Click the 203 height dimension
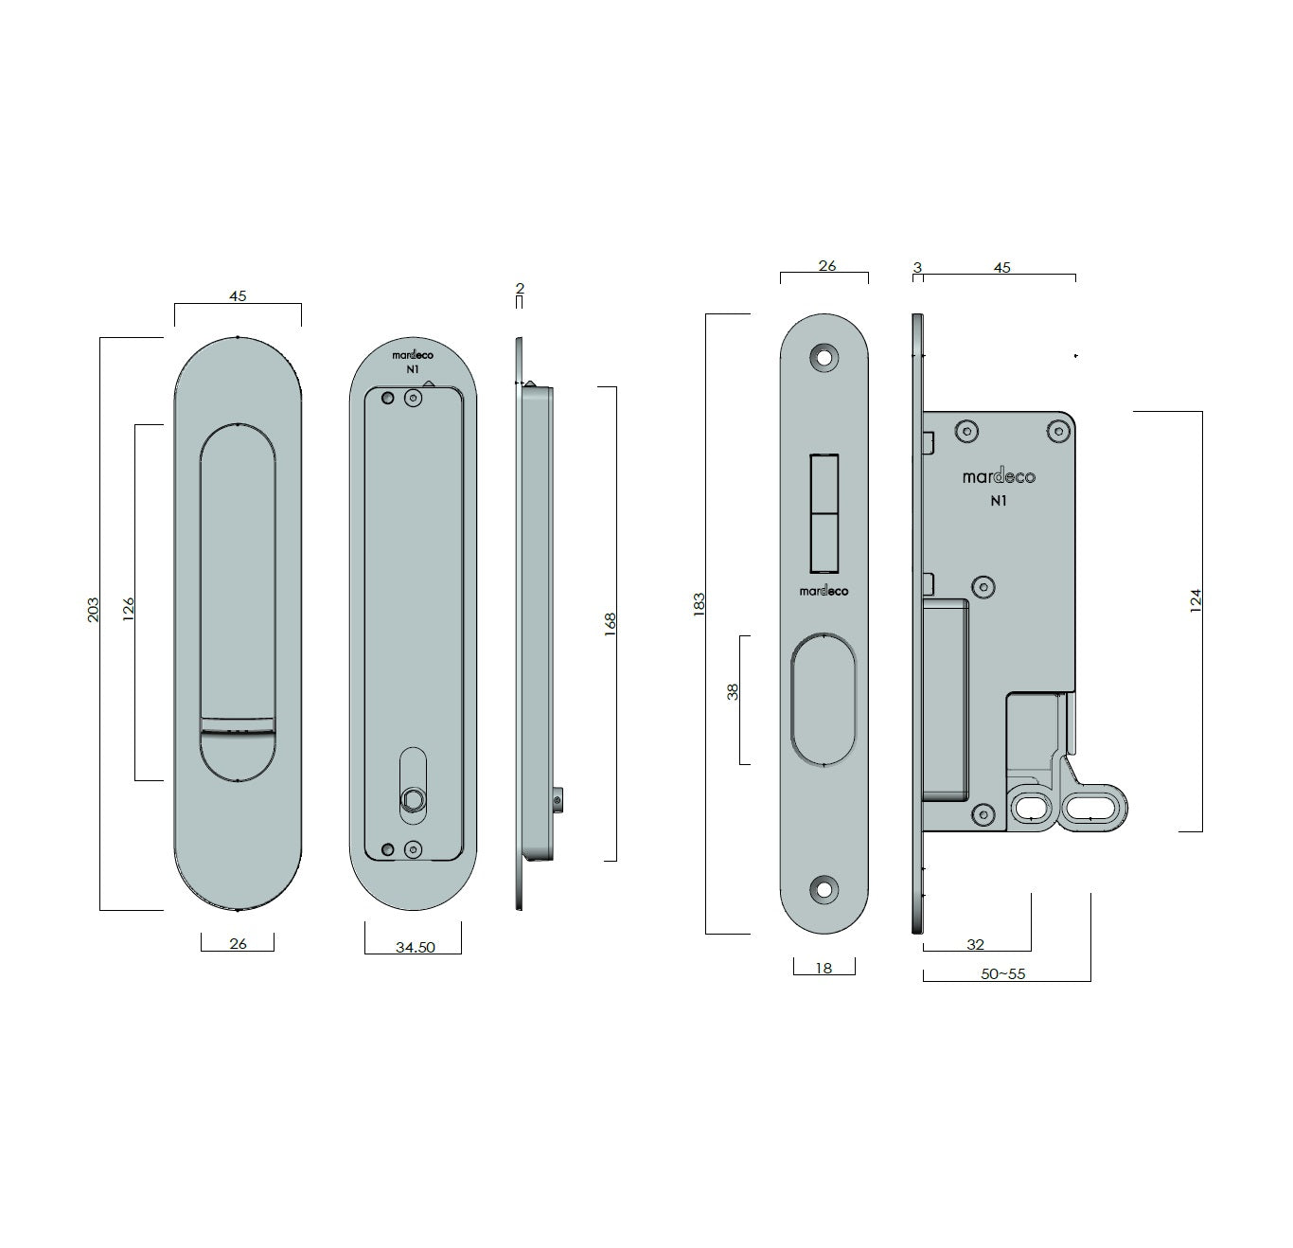click(94, 610)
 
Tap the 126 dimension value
click(129, 609)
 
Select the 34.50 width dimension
click(416, 947)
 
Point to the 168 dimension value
click(610, 624)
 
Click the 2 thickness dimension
click(520, 288)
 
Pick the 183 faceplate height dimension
click(699, 605)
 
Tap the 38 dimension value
click(733, 692)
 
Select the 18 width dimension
click(824, 969)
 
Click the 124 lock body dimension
click(1196, 600)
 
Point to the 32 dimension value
click(975, 944)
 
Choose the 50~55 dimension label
click(1002, 973)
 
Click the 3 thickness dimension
click(917, 267)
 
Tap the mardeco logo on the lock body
click(999, 476)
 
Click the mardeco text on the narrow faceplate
click(824, 591)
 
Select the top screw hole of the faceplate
click(824, 358)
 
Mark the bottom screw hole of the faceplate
click(824, 889)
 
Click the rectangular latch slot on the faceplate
click(824, 513)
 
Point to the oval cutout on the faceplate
click(824, 700)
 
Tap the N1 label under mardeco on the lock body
click(998, 502)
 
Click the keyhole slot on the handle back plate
click(414, 786)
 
